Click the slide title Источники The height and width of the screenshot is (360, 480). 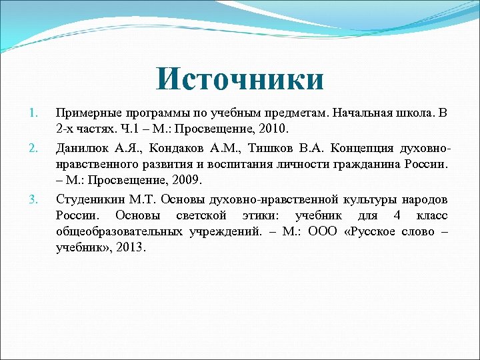tap(240, 79)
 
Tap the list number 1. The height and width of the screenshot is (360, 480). tap(35, 111)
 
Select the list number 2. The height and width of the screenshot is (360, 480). tap(35, 146)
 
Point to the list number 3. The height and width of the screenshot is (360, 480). tap(35, 198)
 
